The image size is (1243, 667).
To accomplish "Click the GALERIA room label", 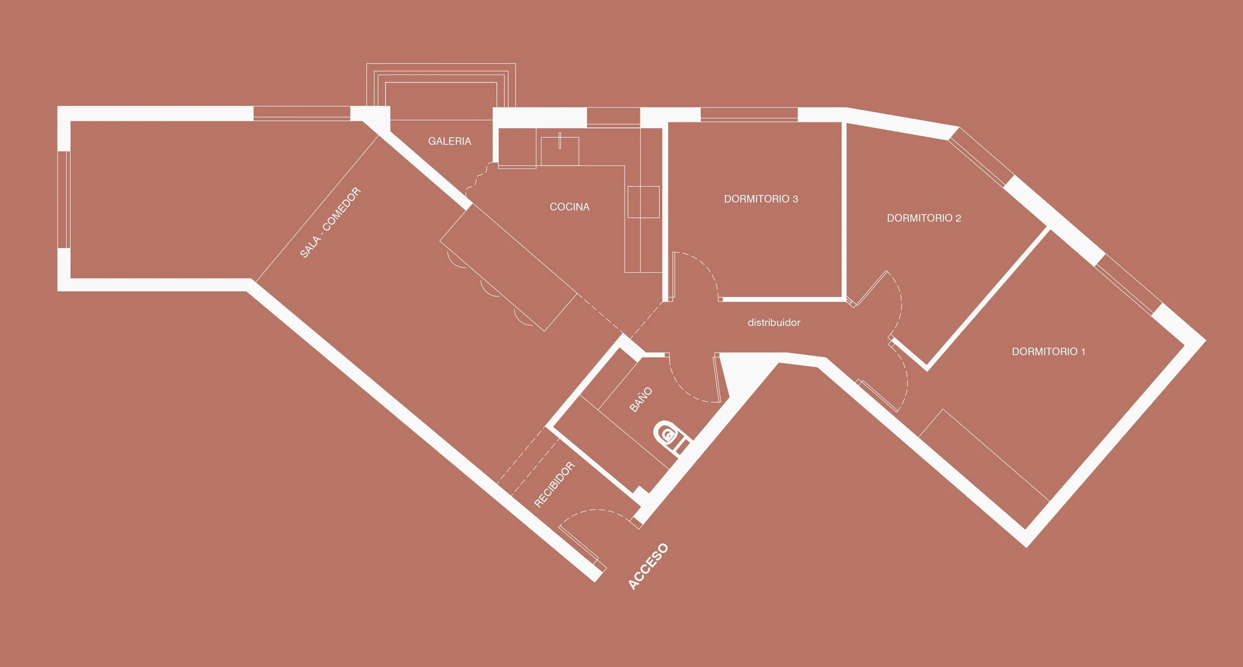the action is click(449, 141).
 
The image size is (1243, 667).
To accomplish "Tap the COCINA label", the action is click(569, 207).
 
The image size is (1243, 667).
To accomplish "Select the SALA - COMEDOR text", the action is click(330, 222).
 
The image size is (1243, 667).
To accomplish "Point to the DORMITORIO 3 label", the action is click(761, 199).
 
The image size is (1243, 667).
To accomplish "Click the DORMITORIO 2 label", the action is click(924, 218).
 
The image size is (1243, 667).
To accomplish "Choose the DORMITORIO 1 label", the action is click(1049, 351).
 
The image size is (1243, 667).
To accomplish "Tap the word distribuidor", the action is click(774, 323).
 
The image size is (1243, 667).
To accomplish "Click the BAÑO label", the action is click(641, 399).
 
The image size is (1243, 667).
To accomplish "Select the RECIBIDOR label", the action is click(554, 485).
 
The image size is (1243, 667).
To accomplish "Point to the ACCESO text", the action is click(648, 566).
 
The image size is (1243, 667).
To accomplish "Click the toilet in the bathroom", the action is click(669, 435).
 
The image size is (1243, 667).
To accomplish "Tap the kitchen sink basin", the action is click(560, 151).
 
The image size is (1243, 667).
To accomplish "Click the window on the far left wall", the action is click(64, 199).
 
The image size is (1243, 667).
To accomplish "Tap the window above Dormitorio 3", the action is click(749, 114).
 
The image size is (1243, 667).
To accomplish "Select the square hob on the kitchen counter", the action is click(643, 202).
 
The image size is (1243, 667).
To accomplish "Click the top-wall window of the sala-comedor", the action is click(302, 113).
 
